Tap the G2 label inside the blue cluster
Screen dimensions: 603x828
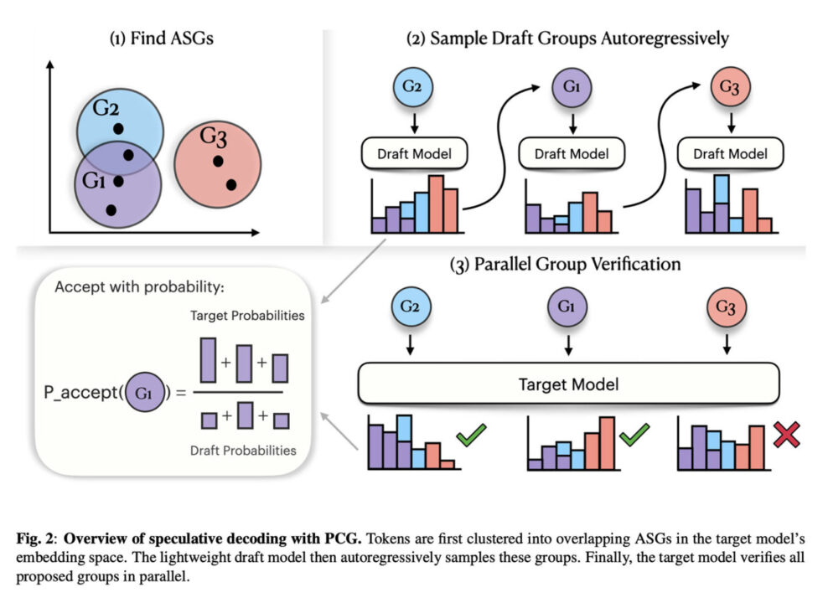coord(106,110)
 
